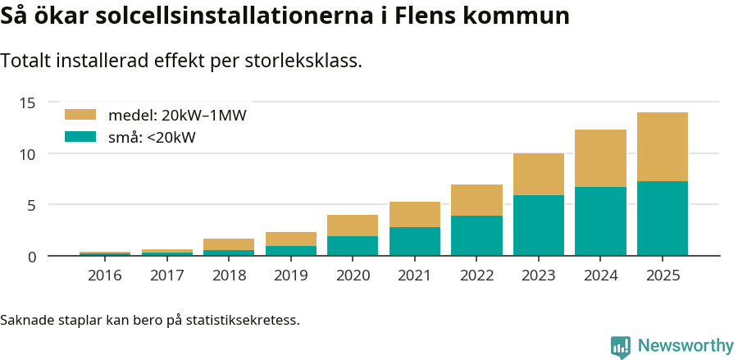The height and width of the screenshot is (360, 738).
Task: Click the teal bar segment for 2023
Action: tap(539, 226)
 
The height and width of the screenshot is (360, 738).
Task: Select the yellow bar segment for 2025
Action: tap(663, 147)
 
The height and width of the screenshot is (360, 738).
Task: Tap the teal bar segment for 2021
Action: tap(415, 241)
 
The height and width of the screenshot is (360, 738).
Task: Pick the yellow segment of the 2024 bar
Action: tap(600, 158)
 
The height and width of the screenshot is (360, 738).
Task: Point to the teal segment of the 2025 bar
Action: tap(663, 218)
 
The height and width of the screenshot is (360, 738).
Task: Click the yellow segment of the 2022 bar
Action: tap(476, 200)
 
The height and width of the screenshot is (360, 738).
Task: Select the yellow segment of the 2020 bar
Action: tap(353, 226)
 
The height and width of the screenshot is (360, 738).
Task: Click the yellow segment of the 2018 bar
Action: tap(229, 244)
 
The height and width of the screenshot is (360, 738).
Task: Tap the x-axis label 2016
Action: tap(105, 276)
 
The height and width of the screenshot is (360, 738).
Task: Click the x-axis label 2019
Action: tap(291, 276)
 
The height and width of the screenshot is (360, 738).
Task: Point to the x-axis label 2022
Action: tap(476, 276)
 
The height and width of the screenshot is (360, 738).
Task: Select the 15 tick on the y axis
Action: tap(28, 103)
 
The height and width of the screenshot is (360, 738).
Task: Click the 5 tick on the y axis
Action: tap(32, 205)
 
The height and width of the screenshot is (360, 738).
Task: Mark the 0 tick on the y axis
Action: tap(32, 257)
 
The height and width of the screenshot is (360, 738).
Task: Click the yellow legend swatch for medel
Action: tap(80, 115)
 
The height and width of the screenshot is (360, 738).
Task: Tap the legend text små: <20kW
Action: tap(152, 137)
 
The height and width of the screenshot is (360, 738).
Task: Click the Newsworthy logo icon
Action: tap(621, 346)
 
